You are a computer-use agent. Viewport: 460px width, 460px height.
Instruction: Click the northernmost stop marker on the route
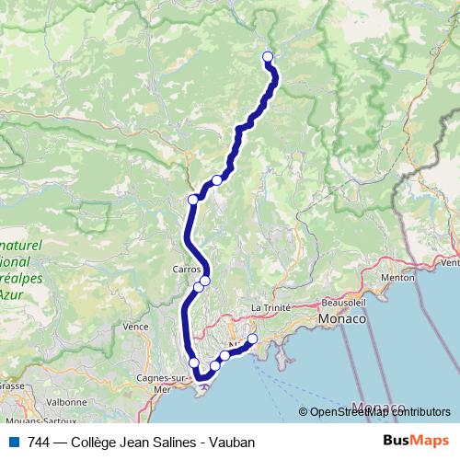point(269,57)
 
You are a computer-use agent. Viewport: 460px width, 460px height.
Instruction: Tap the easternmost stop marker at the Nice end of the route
point(252,339)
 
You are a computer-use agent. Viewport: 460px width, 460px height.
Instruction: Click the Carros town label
point(187,270)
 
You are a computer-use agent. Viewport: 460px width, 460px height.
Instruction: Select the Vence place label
point(135,327)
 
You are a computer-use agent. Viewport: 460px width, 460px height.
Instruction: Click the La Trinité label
point(270,307)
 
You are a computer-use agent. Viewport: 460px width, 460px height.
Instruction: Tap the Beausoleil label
point(345,302)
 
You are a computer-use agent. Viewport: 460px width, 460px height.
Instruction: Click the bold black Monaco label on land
point(341,319)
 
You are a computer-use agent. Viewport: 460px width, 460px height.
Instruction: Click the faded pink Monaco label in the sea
point(379,408)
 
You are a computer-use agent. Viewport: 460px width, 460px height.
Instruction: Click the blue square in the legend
point(11,442)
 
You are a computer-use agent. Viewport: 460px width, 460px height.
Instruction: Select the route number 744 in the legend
point(38,442)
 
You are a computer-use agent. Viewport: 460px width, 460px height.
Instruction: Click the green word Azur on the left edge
point(11,296)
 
